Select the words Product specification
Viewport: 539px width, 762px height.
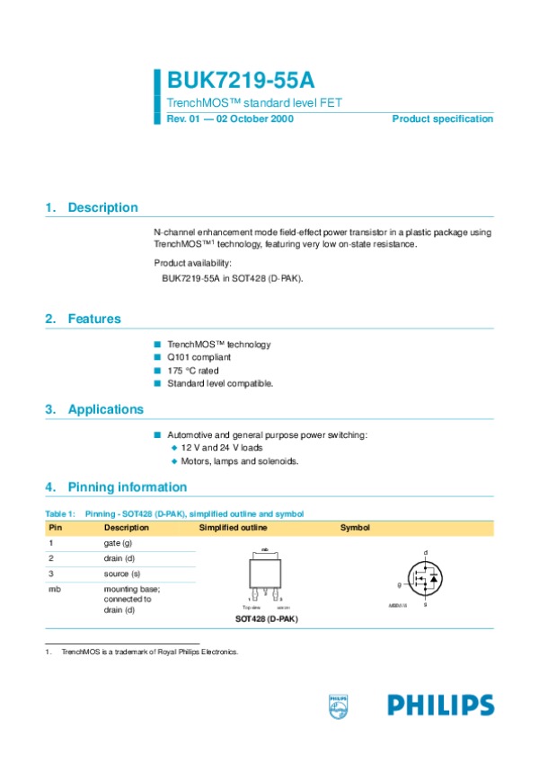pos(442,119)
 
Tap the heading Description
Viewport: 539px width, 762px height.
pos(102,207)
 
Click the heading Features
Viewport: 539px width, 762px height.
pos(94,319)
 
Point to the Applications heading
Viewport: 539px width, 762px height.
pos(106,409)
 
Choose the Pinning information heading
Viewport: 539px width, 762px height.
pos(128,487)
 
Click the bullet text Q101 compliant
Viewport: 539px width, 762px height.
pos(199,357)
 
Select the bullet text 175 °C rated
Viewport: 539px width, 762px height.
pos(192,370)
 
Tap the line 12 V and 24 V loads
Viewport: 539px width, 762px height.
pos(221,447)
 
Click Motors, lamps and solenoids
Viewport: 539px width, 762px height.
pos(239,461)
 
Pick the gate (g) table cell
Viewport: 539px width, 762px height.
pos(119,544)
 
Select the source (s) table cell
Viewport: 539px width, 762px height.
pos(122,573)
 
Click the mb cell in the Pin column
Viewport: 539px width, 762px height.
pos(54,589)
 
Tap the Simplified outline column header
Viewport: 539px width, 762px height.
pos(233,528)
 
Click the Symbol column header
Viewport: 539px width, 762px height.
pos(354,528)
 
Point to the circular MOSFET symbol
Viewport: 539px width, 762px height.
pos(424,578)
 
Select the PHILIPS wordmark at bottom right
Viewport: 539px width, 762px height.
pos(440,705)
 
